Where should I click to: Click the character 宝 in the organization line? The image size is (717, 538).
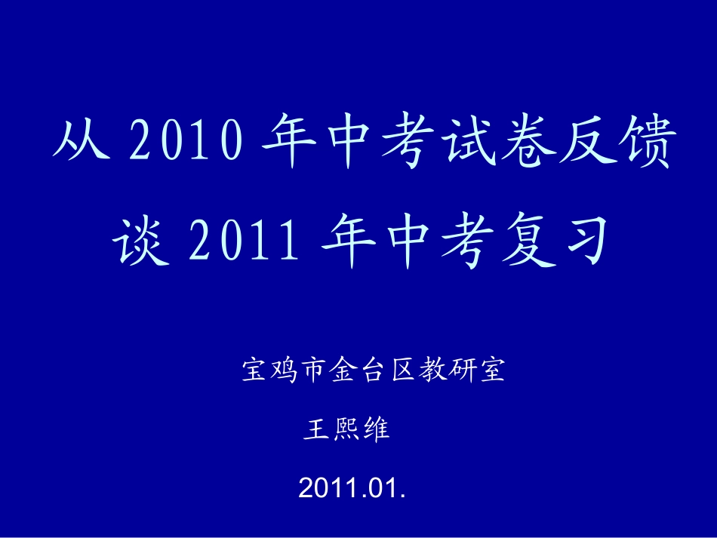[x=253, y=371]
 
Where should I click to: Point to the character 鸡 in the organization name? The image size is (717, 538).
[x=282, y=371]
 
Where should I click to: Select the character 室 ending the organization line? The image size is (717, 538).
[x=492, y=371]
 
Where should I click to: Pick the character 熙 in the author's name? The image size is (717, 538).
[x=345, y=430]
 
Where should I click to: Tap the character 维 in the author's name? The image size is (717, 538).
[x=375, y=430]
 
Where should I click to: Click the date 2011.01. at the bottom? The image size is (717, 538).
[x=352, y=487]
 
